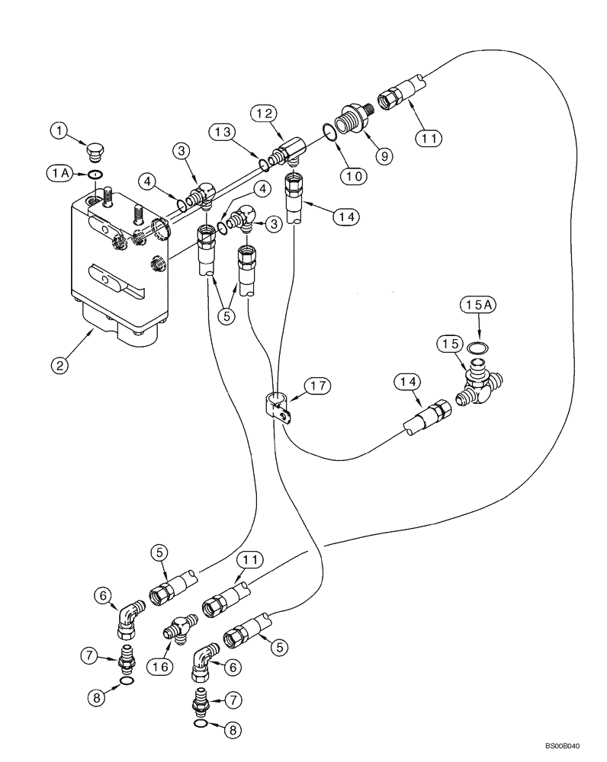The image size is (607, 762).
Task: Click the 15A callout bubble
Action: coord(477,306)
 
